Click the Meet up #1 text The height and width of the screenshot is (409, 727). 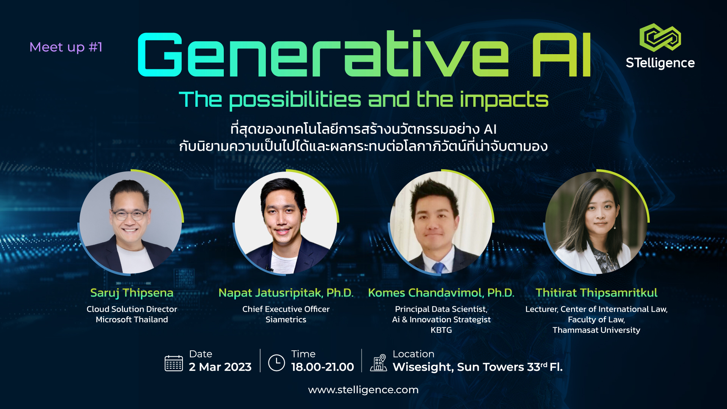[x=66, y=47]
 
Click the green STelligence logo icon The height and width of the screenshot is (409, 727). [x=660, y=37]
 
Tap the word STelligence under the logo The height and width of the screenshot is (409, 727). [x=660, y=63]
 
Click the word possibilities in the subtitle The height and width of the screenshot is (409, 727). [x=295, y=100]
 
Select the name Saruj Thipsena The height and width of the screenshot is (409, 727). [x=132, y=293]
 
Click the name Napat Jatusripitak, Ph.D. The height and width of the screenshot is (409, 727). [x=286, y=293]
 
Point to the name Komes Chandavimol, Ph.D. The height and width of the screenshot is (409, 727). [x=441, y=293]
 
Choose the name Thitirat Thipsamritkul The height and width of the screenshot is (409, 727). [x=596, y=293]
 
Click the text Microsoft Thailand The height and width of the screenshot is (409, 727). [x=132, y=320]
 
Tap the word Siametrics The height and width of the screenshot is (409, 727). [x=286, y=320]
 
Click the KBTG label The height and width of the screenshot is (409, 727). [x=441, y=330]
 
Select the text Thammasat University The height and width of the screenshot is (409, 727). [x=596, y=330]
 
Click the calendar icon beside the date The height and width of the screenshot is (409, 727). [x=174, y=363]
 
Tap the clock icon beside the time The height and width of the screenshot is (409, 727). [x=276, y=363]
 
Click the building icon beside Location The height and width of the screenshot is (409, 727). [x=378, y=363]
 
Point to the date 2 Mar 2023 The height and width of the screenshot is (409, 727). [x=220, y=367]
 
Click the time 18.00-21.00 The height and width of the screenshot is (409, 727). [x=323, y=367]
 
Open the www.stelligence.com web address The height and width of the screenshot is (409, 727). [x=363, y=390]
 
